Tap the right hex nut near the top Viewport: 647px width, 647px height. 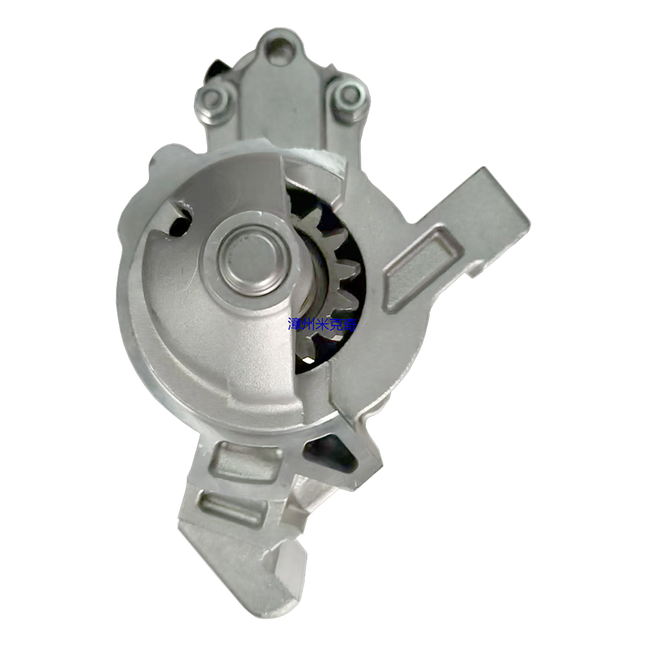pos(349,95)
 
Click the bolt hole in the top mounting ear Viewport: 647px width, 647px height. pos(281,46)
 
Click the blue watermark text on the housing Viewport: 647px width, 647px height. pos(322,325)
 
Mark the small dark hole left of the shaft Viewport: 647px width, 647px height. pos(181,221)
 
